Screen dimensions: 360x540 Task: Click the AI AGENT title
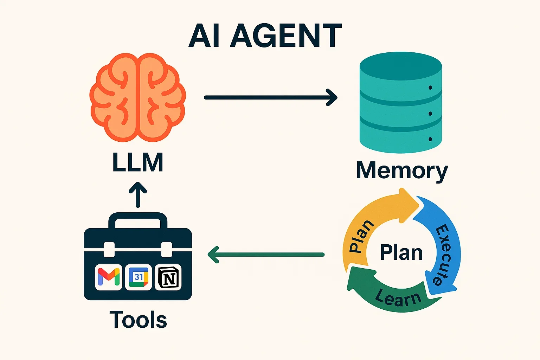(x=265, y=36)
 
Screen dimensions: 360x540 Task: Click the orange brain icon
(x=137, y=97)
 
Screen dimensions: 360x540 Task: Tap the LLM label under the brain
(x=137, y=162)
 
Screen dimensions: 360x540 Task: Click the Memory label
(x=401, y=171)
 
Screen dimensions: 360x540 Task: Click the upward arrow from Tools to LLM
(x=137, y=195)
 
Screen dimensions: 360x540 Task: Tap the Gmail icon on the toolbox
(x=109, y=277)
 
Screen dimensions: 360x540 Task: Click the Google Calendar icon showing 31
(x=139, y=277)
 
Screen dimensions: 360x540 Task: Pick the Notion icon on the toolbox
(x=168, y=277)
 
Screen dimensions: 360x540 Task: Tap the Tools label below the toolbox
(x=138, y=320)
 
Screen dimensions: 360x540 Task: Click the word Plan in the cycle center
(x=401, y=252)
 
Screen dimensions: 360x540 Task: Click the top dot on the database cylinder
(x=430, y=88)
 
